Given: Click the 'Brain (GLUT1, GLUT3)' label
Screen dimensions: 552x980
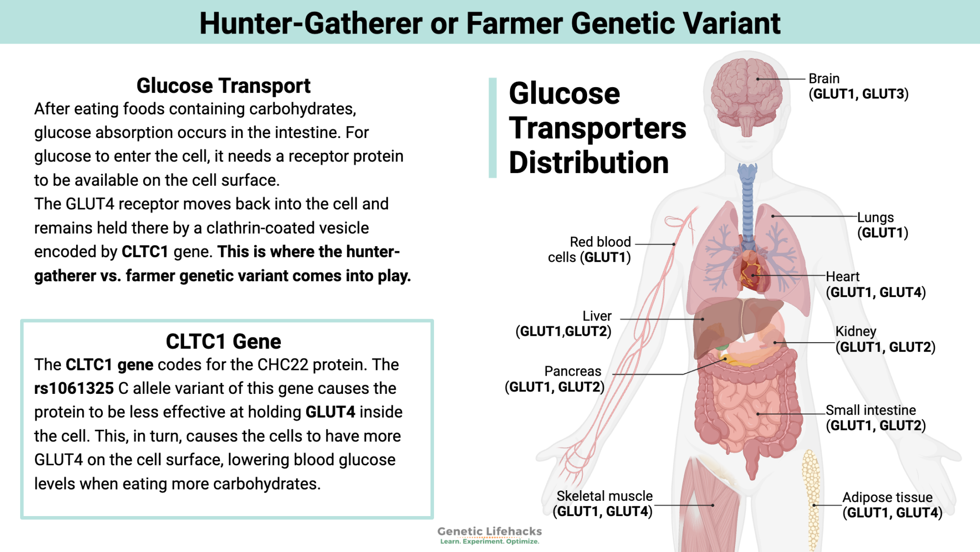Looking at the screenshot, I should coord(858,86).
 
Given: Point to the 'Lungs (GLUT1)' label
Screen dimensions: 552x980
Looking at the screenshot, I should coord(882,225).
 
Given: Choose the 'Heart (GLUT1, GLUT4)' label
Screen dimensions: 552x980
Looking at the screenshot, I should coord(875,284).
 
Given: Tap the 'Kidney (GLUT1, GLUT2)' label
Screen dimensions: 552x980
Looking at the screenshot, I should coord(885,339).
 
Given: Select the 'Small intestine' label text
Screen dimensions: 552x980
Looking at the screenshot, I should coord(870,410).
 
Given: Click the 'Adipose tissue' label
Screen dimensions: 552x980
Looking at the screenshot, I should coord(887,497).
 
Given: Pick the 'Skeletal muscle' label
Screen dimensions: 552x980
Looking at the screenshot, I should coord(604,496).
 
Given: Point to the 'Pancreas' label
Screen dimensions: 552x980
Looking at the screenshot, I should coord(572,371).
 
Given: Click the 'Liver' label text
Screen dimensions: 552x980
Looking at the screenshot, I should coord(597,316).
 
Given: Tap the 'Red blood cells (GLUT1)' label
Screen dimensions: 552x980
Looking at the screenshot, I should coord(590,250).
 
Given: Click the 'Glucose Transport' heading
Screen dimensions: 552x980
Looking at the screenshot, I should coord(223,86).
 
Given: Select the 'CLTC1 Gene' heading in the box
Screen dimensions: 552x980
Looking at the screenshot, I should coord(223,342).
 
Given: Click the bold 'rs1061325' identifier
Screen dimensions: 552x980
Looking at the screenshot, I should coord(74,389).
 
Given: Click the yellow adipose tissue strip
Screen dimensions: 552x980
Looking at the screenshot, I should coord(811,498).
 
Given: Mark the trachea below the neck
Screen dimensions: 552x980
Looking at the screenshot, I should coord(747,201).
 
